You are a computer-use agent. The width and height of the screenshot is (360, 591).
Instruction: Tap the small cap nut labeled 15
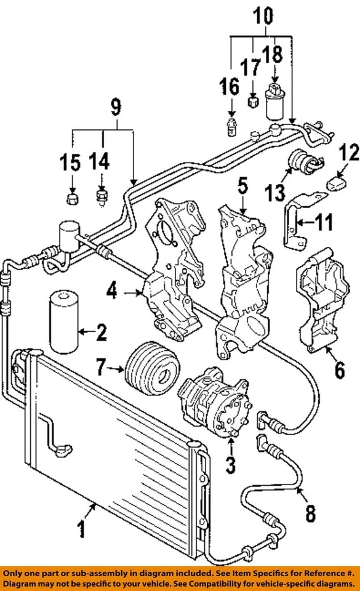(x=71, y=199)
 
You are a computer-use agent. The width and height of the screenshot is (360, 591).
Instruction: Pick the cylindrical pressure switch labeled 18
(x=274, y=102)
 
